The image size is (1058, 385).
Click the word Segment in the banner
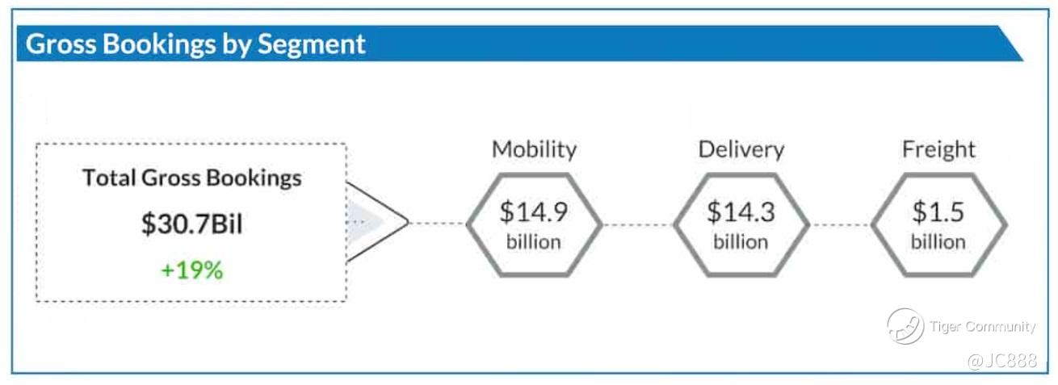coord(311,45)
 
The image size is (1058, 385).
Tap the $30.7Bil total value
coord(191,224)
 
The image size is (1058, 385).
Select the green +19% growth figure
coord(191,270)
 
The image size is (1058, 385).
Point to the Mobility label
coord(534,150)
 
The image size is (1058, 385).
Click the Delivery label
coord(741,149)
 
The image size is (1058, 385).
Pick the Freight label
coord(938,149)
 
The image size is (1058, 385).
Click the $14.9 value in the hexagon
coord(534,211)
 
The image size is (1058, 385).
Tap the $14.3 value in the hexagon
coord(741,211)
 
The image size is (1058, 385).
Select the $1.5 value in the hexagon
coord(938,211)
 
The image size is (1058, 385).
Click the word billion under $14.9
coord(534,241)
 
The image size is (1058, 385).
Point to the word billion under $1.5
coord(938,241)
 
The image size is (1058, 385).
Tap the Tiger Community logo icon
coord(905,327)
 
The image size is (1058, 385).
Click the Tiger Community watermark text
coord(982,327)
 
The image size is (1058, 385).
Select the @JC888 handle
coord(1001,361)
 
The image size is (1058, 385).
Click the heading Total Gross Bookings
coord(191,178)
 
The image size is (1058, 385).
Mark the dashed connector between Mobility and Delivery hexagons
coord(638,224)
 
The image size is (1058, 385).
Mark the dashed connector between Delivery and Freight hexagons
coord(840,224)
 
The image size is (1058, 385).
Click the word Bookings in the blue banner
coord(159,45)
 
